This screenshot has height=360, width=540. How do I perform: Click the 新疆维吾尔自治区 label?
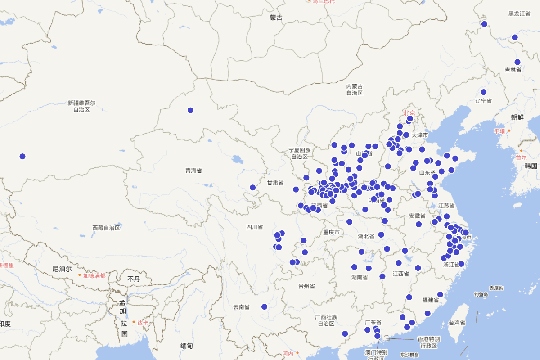point(81,106)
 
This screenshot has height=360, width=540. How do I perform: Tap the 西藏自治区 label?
point(106,228)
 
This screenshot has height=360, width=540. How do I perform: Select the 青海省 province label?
point(193,171)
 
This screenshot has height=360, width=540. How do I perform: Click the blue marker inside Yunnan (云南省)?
point(264,307)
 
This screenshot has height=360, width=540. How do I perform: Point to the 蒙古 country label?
point(276,18)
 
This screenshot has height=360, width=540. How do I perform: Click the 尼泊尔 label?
point(62,269)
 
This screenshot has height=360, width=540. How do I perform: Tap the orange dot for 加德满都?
point(80,275)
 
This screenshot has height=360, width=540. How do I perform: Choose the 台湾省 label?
point(457,323)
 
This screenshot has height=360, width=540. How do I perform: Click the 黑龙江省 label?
point(519,13)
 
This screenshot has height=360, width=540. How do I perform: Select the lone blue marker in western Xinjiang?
point(22,156)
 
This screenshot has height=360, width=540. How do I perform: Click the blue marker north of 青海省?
point(190,110)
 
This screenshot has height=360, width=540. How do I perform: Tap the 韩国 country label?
point(531,166)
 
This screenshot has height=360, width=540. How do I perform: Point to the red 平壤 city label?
point(499,131)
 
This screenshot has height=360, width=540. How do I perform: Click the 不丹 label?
point(134,279)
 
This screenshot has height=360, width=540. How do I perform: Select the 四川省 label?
point(255,227)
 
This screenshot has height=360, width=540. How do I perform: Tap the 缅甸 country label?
point(187,346)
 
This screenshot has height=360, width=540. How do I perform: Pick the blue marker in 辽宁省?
point(483,92)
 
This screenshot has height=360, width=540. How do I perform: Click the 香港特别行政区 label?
point(428,342)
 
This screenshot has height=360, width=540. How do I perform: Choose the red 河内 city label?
point(288,354)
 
